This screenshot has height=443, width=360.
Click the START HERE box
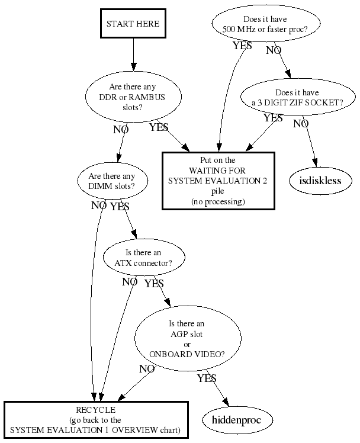click(x=133, y=24)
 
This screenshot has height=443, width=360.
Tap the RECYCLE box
click(x=96, y=420)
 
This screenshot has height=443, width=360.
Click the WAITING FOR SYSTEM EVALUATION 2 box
click(x=218, y=181)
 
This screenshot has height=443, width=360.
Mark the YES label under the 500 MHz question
click(x=243, y=46)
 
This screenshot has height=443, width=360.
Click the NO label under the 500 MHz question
click(x=274, y=50)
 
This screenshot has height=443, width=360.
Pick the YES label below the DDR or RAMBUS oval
click(x=159, y=127)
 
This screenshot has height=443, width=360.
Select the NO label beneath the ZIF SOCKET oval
click(x=301, y=124)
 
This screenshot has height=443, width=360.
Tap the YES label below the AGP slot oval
click(x=207, y=378)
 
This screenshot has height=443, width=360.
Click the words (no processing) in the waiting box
click(x=218, y=202)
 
